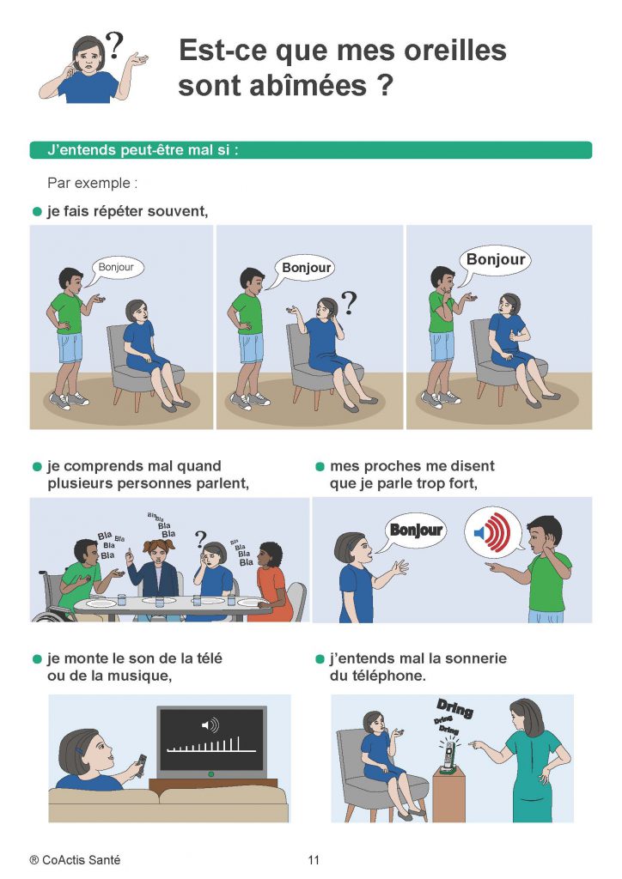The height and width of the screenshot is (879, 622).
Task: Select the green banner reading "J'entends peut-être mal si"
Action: [311, 150]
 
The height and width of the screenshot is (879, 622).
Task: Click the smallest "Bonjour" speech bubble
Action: [117, 268]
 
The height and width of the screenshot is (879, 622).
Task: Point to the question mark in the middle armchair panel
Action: [349, 303]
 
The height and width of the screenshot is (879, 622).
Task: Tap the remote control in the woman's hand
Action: [140, 765]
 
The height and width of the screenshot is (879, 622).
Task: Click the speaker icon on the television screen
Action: [210, 725]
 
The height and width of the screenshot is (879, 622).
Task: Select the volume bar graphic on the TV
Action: [211, 745]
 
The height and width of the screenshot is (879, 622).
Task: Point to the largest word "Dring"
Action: [455, 708]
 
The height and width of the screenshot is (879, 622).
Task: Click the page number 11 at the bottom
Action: [314, 860]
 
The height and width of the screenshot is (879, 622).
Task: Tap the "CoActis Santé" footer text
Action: [82, 860]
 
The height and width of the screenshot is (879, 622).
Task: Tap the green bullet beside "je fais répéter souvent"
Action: [38, 212]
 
